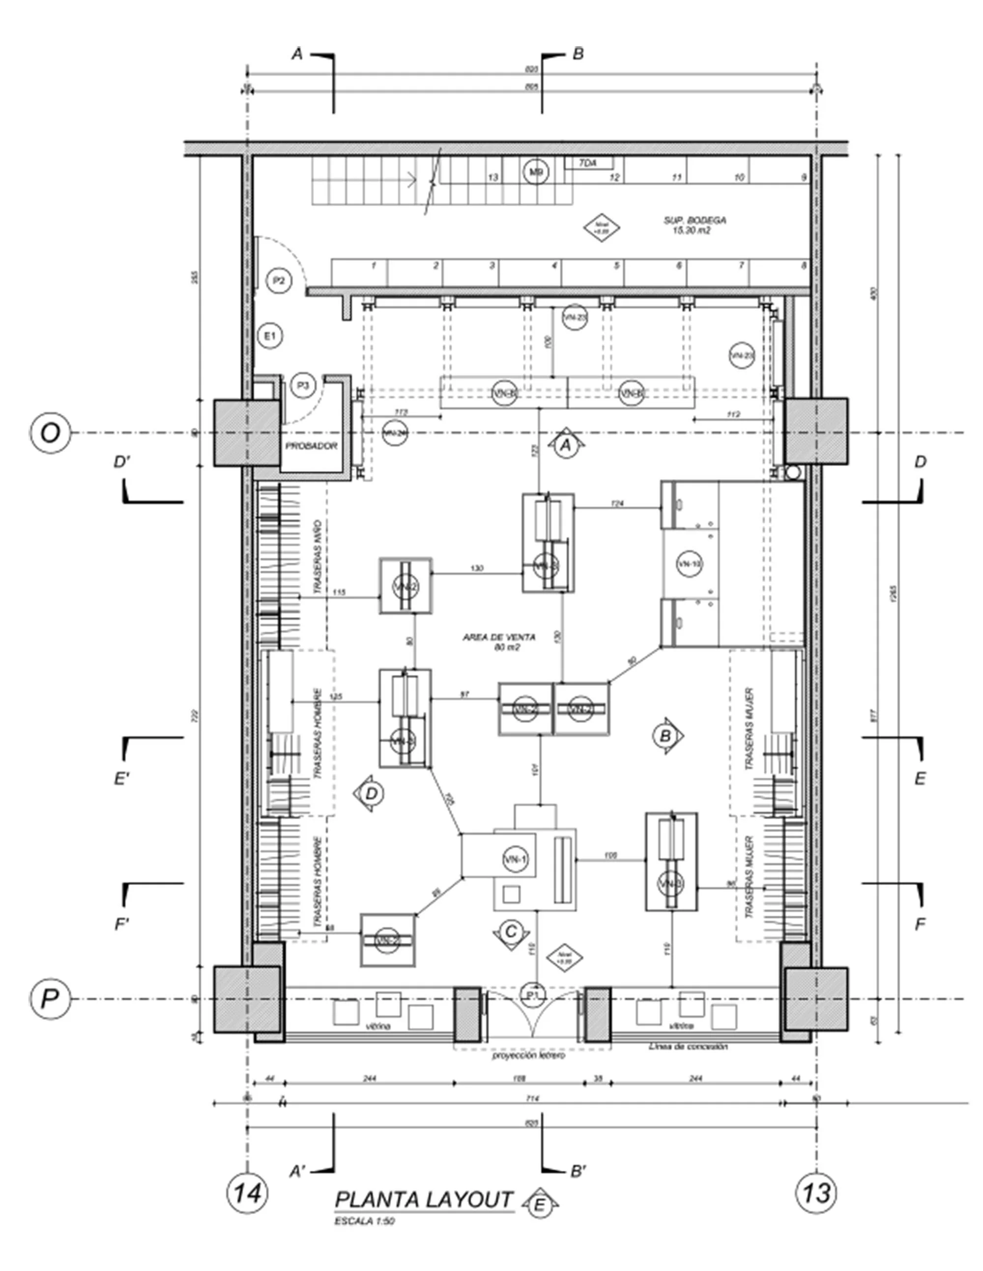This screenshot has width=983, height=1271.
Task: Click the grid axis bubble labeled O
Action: coord(50,433)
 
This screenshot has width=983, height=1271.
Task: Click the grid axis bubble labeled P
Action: coord(50,999)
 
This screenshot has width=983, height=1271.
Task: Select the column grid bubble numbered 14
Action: coord(247,1193)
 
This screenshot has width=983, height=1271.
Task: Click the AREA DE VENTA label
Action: coord(499,641)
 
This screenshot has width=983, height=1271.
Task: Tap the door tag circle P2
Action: coord(279,281)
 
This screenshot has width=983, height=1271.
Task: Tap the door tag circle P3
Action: coord(303,385)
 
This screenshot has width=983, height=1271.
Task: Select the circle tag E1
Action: coord(270,336)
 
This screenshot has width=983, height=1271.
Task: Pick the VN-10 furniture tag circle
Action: coord(690,563)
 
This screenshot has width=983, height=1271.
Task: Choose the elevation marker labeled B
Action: coord(665,736)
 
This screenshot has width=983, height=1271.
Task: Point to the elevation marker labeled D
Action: coord(372,794)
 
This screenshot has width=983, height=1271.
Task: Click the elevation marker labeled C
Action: coord(511,932)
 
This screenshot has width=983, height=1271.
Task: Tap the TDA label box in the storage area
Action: coord(588,164)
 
